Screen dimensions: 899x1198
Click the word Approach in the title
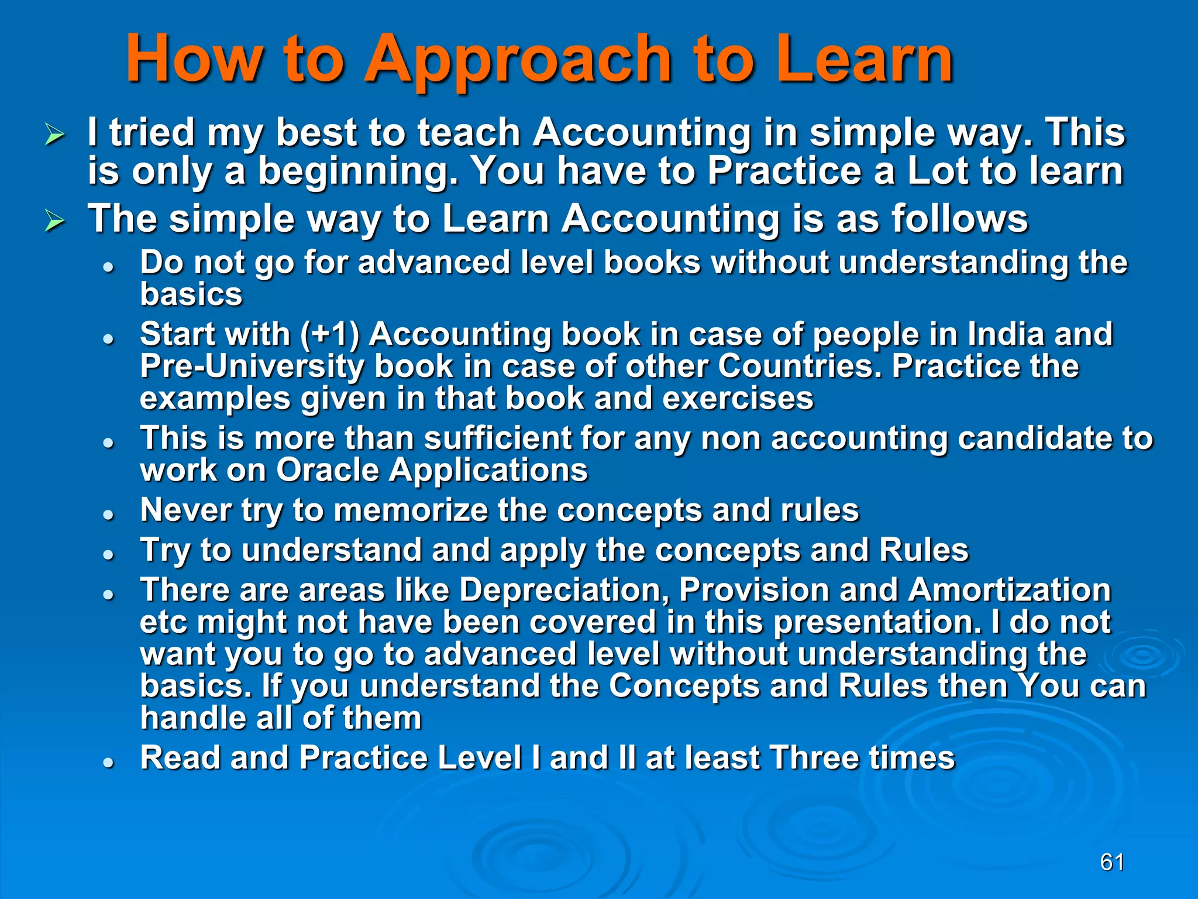pyautogui.click(x=518, y=60)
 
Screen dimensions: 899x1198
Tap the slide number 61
pyautogui.click(x=1112, y=862)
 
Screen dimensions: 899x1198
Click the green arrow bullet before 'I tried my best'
pyautogui.click(x=55, y=136)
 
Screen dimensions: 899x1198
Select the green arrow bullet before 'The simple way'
pyautogui.click(x=55, y=222)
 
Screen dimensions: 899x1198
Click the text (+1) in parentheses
pyautogui.click(x=331, y=335)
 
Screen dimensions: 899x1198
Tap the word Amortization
pyautogui.click(x=1010, y=590)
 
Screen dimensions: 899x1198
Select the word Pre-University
pyautogui.click(x=252, y=367)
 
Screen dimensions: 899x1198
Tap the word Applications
pyautogui.click(x=488, y=470)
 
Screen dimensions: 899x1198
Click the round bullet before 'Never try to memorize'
pyautogui.click(x=108, y=515)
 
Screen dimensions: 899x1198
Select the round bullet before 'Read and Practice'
pyautogui.click(x=108, y=763)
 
